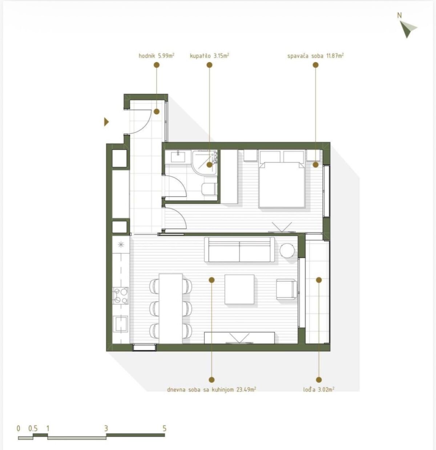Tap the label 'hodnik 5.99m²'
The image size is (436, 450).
tap(156, 56)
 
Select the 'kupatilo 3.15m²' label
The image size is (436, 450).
tap(209, 56)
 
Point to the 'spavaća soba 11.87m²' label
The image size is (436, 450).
tap(315, 56)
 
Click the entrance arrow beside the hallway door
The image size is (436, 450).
tap(106, 122)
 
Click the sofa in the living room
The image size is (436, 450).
tap(239, 250)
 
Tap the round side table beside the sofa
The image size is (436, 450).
tap(287, 251)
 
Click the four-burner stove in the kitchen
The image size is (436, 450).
tap(120, 296)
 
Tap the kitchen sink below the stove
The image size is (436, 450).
tap(120, 324)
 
